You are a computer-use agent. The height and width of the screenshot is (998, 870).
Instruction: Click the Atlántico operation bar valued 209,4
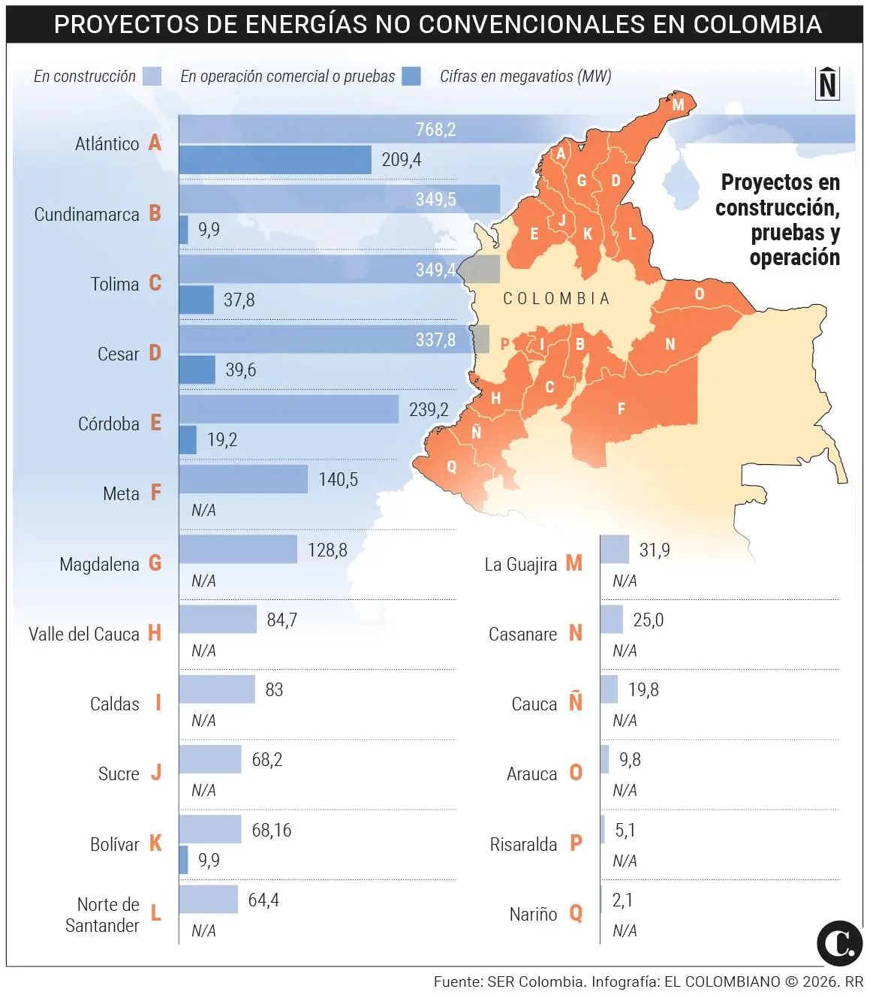pyautogui.click(x=275, y=160)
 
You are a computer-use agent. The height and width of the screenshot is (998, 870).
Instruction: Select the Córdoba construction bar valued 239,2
pyautogui.click(x=288, y=409)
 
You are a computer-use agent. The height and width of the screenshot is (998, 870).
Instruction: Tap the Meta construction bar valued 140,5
pyautogui.click(x=243, y=479)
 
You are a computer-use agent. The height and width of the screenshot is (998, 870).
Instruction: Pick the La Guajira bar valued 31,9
pyautogui.click(x=615, y=550)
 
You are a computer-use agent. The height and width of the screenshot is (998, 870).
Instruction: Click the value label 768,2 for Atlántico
pyautogui.click(x=435, y=129)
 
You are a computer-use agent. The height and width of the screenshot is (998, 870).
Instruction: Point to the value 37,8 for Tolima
pyautogui.click(x=239, y=300)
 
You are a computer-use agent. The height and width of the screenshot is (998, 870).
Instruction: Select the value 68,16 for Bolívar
pyautogui.click(x=271, y=830)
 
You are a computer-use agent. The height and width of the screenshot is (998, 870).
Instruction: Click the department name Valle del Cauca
pyautogui.click(x=83, y=635)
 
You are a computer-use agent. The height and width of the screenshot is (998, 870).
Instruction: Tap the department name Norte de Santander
pyautogui.click(x=103, y=915)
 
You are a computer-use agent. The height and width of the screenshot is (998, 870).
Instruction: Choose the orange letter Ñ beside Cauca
pyautogui.click(x=575, y=702)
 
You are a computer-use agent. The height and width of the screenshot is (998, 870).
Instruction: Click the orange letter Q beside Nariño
pyautogui.click(x=576, y=913)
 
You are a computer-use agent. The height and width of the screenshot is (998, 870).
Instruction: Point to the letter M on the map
pyautogui.click(x=678, y=104)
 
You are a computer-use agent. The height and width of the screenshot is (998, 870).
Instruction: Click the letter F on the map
pyautogui.click(x=621, y=409)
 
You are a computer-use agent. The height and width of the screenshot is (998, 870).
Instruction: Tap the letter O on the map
pyautogui.click(x=699, y=294)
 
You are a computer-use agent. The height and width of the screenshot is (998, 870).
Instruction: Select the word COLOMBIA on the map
pyautogui.click(x=556, y=299)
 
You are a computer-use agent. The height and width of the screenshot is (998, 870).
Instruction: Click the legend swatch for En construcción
pyautogui.click(x=152, y=77)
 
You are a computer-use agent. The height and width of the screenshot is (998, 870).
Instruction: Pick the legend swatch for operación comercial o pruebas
pyautogui.click(x=411, y=77)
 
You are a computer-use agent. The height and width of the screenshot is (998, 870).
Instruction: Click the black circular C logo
pyautogui.click(x=838, y=942)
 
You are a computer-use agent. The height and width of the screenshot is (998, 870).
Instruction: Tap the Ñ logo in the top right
pyautogui.click(x=827, y=83)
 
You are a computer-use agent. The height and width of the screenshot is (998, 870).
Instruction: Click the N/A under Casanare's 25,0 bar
pyautogui.click(x=624, y=650)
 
